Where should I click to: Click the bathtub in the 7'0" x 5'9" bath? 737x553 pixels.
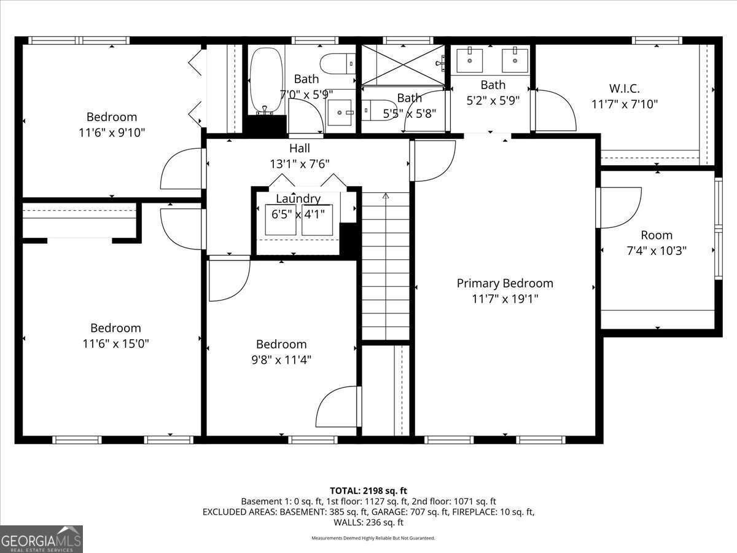click(267, 80)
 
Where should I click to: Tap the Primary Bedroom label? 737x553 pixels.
click(505, 283)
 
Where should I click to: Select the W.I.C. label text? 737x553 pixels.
click(624, 88)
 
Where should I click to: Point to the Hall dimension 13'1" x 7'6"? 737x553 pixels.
click(300, 164)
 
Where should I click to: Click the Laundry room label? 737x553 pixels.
click(298, 198)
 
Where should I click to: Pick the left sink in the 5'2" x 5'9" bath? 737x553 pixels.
click(470, 60)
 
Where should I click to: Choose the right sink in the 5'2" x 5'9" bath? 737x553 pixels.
click(515, 60)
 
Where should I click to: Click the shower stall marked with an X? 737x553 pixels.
click(403, 65)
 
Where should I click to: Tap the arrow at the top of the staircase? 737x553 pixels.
click(386, 196)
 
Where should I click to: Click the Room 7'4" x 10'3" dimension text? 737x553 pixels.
click(657, 251)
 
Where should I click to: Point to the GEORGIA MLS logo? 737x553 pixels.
click(41, 539)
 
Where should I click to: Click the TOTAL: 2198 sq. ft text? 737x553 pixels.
click(368, 491)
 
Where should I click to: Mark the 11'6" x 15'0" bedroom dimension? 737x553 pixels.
click(115, 344)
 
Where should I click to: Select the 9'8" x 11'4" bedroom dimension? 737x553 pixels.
click(281, 360)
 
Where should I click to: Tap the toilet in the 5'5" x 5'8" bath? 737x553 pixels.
click(378, 110)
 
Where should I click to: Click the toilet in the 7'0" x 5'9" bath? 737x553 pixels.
click(337, 64)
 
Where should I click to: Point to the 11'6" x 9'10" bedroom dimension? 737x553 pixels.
click(112, 133)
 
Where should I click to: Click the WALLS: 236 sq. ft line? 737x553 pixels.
click(368, 522)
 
